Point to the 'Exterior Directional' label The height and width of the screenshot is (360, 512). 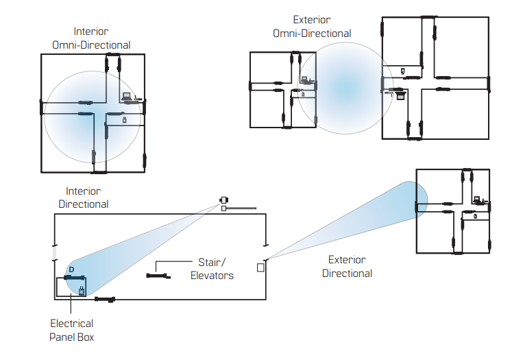click(347, 267)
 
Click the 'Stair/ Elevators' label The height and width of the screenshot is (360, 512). click(215, 269)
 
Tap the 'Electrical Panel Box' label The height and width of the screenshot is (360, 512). click(71, 330)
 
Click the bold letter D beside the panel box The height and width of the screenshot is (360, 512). click(71, 269)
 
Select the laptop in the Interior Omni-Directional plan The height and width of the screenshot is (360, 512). click(127, 97)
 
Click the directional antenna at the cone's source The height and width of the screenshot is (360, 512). click(223, 200)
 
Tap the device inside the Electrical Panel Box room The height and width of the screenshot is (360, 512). click(82, 291)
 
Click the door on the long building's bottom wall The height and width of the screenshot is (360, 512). click(105, 299)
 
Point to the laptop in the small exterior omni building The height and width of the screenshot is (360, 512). click(305, 80)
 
